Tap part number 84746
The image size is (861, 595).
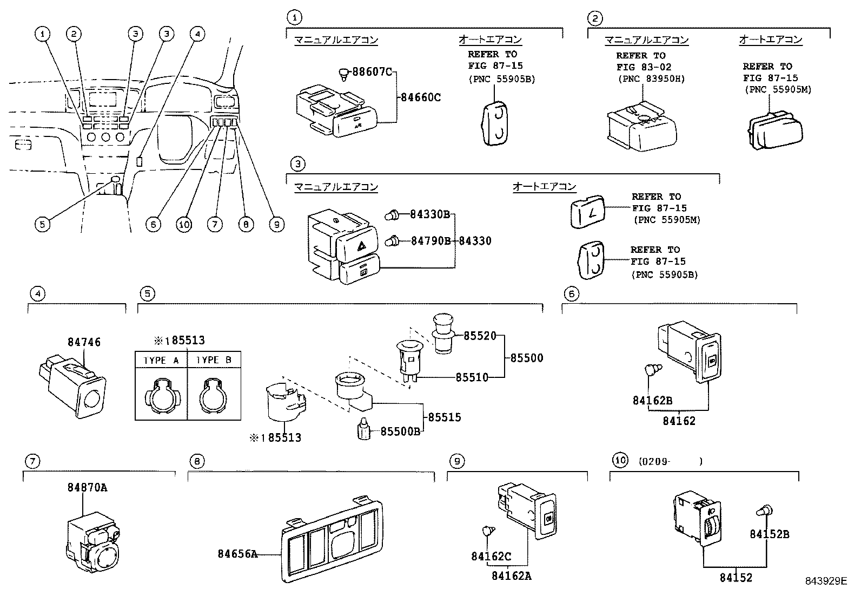tap(84, 342)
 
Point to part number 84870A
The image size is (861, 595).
tap(87, 487)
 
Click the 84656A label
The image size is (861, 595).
tap(237, 553)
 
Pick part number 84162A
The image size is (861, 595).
tap(511, 576)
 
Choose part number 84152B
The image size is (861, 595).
tap(769, 534)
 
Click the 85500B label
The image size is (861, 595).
tap(400, 431)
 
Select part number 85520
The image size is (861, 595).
tap(480, 336)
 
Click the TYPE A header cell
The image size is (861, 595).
tap(161, 360)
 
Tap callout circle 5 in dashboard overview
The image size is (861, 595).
tap(43, 224)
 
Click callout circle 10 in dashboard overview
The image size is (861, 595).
tap(184, 224)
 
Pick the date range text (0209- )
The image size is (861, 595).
tap(670, 462)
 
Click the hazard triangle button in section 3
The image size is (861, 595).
tap(361, 246)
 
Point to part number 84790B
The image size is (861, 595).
tap(430, 240)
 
